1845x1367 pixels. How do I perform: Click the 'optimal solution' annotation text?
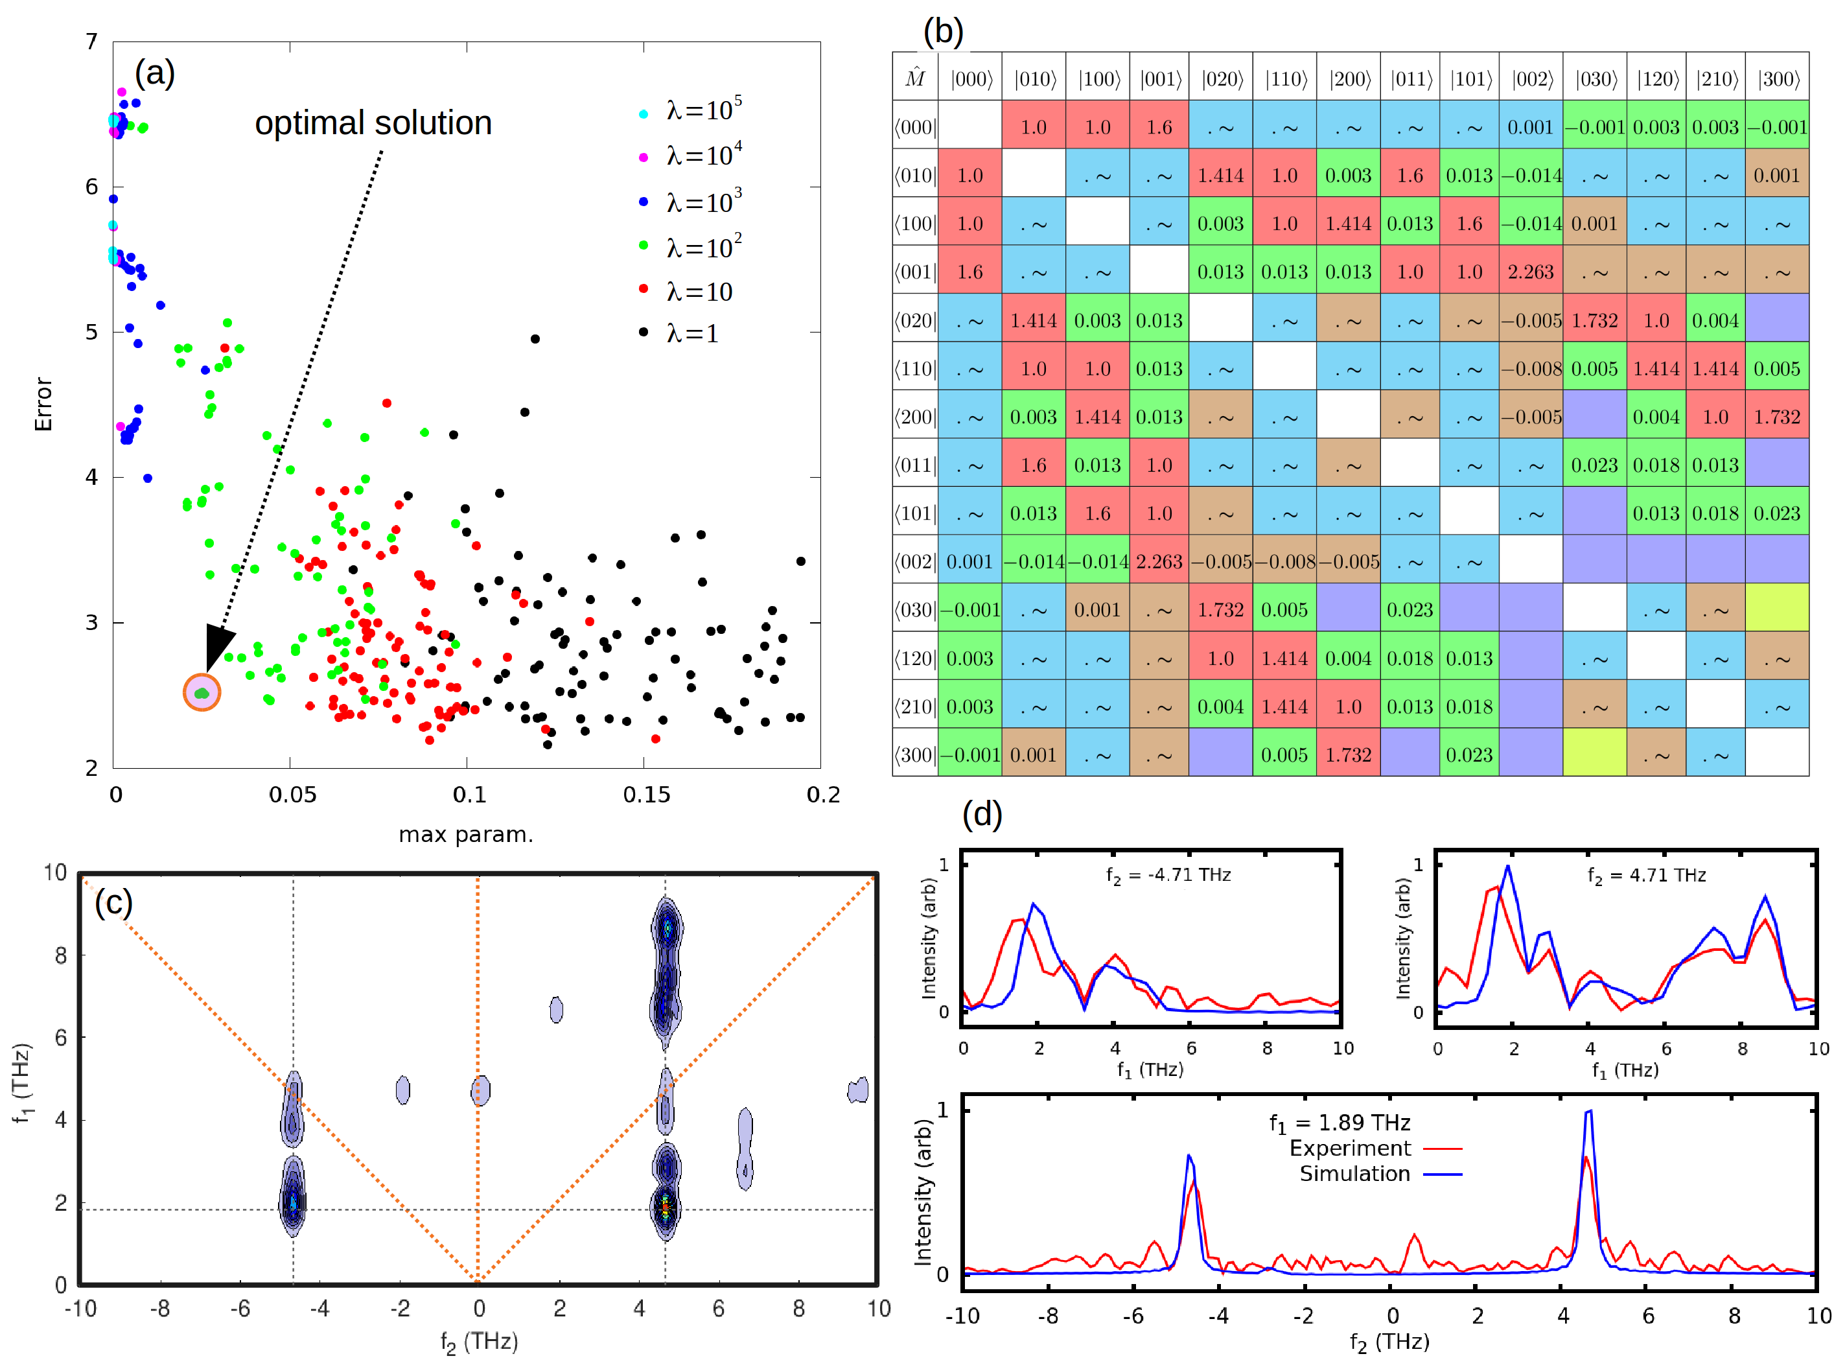(373, 123)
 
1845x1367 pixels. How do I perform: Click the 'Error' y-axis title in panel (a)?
(43, 404)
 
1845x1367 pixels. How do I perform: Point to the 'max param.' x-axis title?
(466, 834)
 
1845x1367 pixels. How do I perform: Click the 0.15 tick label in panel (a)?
(646, 795)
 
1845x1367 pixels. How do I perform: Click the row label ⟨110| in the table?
(915, 368)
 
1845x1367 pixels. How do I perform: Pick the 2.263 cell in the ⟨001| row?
(1531, 272)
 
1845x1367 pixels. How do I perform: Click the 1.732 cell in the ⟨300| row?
(1349, 754)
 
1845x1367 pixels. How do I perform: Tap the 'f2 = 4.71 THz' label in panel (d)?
(1647, 876)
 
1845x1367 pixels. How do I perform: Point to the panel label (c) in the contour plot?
(113, 902)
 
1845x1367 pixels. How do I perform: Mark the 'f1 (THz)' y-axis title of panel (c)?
(21, 1083)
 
